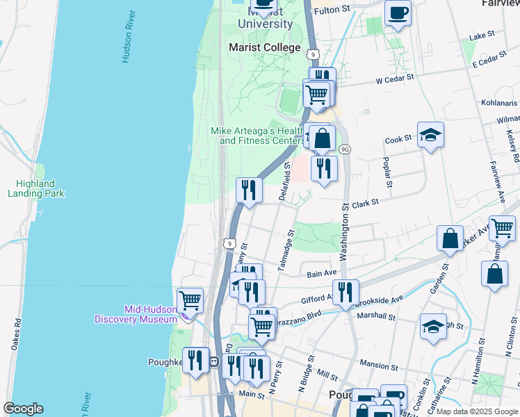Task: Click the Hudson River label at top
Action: (127, 37)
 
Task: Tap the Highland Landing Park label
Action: (35, 188)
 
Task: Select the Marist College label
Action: (265, 48)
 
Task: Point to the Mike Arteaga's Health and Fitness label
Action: (258, 136)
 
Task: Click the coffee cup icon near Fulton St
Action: (398, 13)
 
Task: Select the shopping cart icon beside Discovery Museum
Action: (190, 300)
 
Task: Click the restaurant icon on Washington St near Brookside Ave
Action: (345, 291)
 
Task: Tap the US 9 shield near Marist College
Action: (314, 54)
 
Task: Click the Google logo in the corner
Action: (23, 409)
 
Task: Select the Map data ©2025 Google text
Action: (476, 411)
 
